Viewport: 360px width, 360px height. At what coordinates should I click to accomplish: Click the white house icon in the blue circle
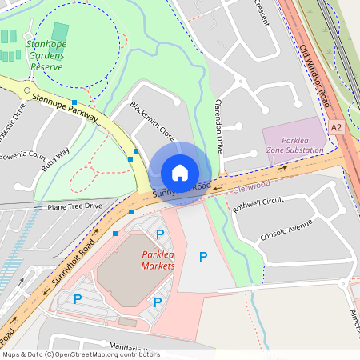[180, 172]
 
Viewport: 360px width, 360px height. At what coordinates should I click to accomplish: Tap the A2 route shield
[336, 127]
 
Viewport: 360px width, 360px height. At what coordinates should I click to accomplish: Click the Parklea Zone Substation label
[295, 145]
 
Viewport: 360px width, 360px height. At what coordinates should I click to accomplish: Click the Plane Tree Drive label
[74, 206]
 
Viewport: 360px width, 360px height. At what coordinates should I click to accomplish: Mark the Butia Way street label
[56, 153]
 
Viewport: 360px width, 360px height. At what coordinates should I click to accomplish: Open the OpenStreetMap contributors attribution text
[80, 354]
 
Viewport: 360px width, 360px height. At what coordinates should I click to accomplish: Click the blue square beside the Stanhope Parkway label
[74, 102]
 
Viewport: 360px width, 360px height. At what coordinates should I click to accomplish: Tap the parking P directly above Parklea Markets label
[160, 234]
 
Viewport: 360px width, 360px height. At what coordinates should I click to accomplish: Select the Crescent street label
[261, 14]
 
